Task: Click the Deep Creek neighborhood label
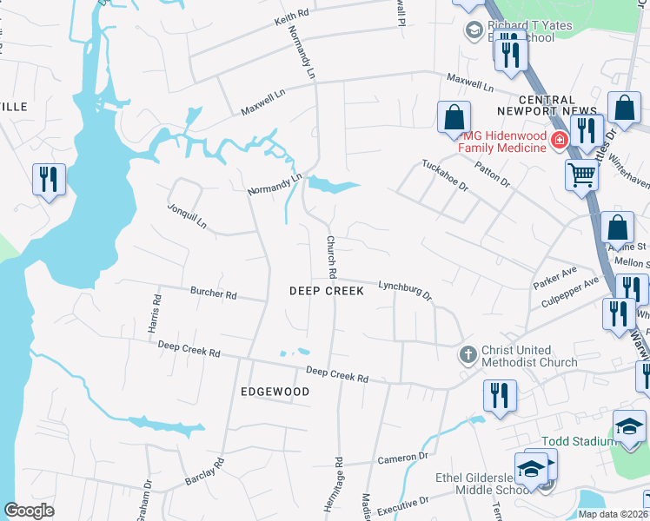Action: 326,292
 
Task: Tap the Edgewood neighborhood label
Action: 275,392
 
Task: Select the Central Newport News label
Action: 547,105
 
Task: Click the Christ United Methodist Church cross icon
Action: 468,354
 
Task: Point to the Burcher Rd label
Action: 214,294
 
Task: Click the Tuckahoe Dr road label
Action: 445,176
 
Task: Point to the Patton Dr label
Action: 493,172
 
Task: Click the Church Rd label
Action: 331,257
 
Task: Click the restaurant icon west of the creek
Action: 48,180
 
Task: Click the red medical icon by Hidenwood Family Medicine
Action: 560,140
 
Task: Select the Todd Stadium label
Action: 577,441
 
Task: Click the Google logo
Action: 30,511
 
